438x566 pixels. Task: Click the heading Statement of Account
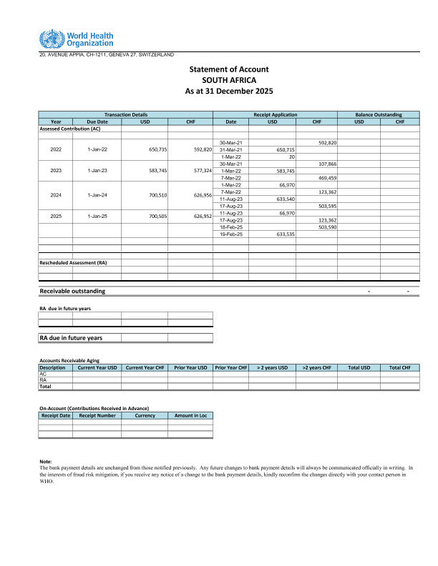coord(228,69)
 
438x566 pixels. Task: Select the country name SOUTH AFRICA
coord(228,80)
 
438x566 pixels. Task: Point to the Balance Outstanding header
coord(378,114)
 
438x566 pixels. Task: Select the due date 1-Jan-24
coord(97,194)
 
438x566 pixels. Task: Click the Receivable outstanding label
coord(72,291)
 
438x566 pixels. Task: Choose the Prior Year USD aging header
coord(190,367)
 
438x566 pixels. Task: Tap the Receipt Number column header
coord(97,415)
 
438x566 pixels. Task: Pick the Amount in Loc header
coord(190,415)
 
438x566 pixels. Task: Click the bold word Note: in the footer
coord(46,462)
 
